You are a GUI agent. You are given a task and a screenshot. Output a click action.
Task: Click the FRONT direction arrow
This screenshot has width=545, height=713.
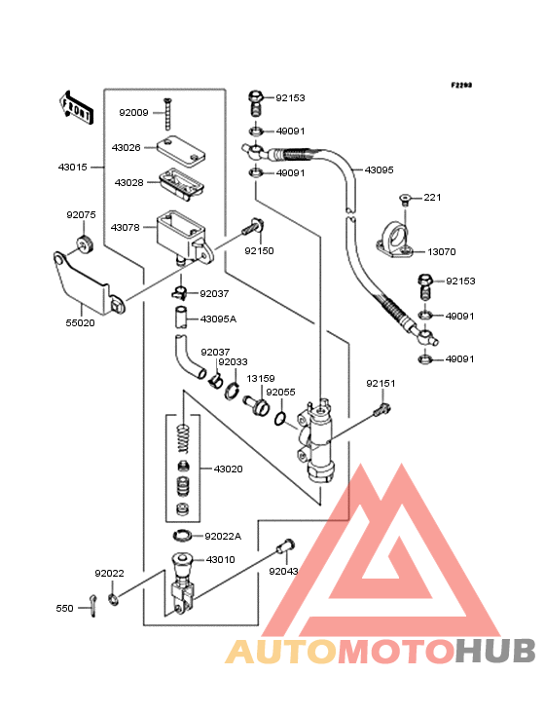76,107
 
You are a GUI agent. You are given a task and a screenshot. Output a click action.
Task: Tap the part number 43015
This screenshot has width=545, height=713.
73,168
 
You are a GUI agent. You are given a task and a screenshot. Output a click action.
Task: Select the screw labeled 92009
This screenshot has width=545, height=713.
167,114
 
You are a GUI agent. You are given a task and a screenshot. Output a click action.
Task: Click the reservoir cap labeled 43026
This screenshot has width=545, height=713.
181,150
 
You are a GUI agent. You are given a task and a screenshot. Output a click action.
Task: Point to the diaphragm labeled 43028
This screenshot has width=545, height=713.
182,183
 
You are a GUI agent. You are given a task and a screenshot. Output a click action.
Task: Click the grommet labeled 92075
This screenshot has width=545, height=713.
85,245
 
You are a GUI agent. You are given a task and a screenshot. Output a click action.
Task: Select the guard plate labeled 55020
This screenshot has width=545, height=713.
88,282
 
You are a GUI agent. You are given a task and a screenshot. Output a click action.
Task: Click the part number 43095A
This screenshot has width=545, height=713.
218,319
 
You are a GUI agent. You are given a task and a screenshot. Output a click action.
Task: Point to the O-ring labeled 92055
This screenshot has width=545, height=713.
280,419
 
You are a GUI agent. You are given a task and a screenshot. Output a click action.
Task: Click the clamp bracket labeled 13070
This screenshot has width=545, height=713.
395,240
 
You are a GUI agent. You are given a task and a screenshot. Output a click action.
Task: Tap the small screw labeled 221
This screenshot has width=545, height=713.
405,199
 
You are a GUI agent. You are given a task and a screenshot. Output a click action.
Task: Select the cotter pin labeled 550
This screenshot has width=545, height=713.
93,606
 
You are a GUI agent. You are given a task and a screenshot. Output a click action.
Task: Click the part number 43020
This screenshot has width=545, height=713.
229,469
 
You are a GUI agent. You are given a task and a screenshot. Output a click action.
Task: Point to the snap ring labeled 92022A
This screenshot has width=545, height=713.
183,536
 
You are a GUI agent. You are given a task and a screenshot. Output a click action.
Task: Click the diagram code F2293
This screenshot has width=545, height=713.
461,85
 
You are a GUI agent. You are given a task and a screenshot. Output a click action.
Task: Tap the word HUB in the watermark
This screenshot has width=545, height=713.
496,651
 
